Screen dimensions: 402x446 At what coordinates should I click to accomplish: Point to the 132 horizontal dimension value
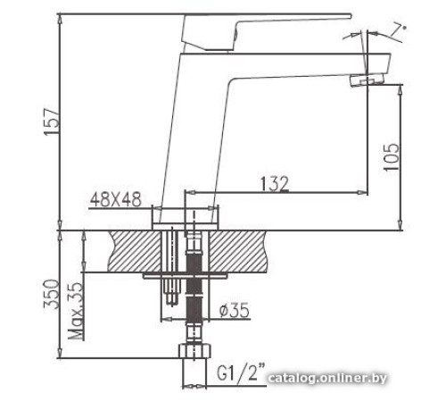coord(273,183)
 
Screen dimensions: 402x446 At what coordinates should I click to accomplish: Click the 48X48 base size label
coord(116,202)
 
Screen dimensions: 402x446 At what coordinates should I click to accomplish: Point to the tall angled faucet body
coord(192,134)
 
